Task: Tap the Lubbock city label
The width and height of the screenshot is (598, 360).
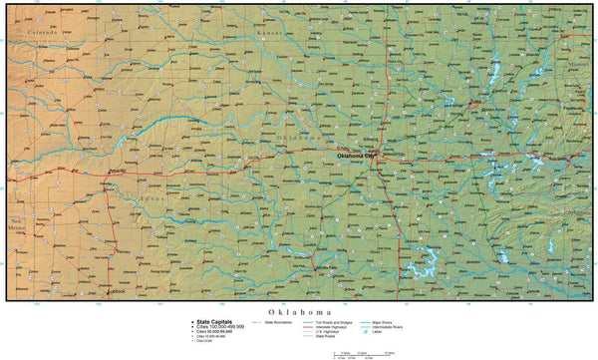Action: (x=118, y=291)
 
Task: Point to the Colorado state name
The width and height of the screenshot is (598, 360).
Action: (x=42, y=33)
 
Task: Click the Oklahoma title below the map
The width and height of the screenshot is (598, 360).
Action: (x=298, y=311)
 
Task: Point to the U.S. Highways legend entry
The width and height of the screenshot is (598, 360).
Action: (x=333, y=331)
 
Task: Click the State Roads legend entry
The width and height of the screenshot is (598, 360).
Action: (x=330, y=336)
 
